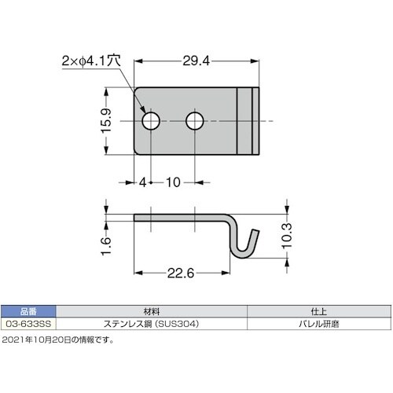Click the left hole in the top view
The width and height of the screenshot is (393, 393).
pyautogui.click(x=152, y=121)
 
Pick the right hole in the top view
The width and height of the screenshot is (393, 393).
pyautogui.click(x=194, y=121)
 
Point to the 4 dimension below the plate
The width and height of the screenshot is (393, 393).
pyautogui.click(x=143, y=182)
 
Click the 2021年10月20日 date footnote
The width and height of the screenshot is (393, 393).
pyautogui.click(x=58, y=340)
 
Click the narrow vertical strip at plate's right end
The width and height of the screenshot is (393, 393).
pyautogui.click(x=252, y=121)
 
